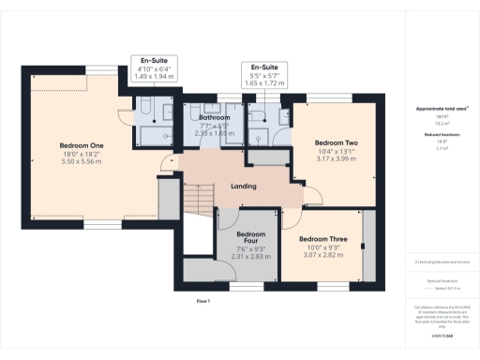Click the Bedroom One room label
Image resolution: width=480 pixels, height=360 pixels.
click(82, 146)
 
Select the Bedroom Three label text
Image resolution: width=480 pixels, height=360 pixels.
click(325, 240)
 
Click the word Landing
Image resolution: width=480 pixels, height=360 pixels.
click(244, 187)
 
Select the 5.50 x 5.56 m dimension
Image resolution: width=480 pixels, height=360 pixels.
click(82, 162)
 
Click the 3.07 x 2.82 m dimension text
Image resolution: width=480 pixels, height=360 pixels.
click(325, 254)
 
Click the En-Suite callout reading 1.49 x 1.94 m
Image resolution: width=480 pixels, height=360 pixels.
click(156, 74)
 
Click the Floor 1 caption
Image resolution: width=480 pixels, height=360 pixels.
click(202, 301)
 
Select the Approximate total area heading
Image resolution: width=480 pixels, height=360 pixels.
click(441, 109)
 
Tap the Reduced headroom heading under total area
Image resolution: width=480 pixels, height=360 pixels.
click(441, 135)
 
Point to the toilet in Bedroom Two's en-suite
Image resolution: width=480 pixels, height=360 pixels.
click(260, 141)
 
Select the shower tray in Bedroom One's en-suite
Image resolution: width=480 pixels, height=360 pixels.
click(155, 135)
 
